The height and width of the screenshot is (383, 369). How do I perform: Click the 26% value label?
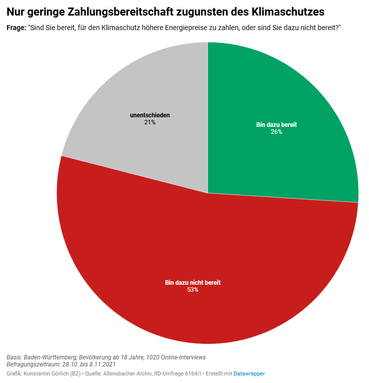pyautogui.click(x=276, y=132)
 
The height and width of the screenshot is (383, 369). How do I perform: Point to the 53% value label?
pyautogui.click(x=193, y=290)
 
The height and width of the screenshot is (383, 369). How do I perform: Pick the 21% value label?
pyautogui.click(x=149, y=122)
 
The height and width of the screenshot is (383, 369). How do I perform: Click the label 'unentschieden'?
pyautogui.click(x=149, y=115)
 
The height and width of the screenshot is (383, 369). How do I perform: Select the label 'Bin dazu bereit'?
pyautogui.click(x=276, y=125)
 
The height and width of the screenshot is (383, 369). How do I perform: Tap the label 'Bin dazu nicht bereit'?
pyautogui.click(x=193, y=283)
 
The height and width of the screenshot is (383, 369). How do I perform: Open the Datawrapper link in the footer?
pyautogui.click(x=249, y=374)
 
